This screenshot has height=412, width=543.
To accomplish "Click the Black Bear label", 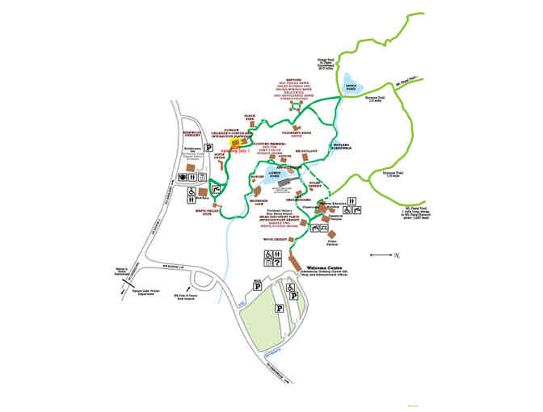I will [250, 118].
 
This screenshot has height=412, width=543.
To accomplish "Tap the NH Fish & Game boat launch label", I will [189, 296].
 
